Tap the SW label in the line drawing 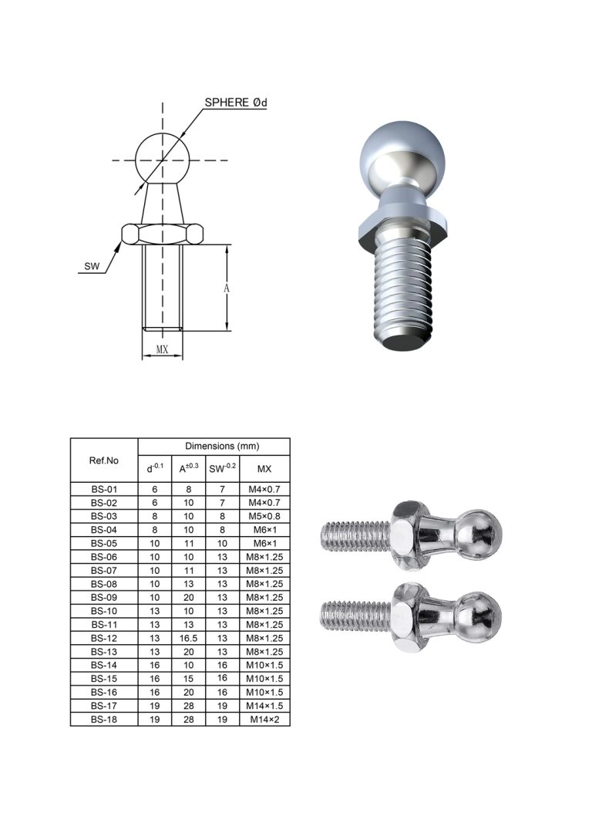click(x=92, y=267)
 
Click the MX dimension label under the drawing click(x=163, y=349)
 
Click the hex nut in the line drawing click(x=162, y=233)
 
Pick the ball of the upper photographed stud click(x=478, y=535)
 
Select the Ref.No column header click(x=103, y=460)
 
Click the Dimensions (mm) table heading click(x=222, y=447)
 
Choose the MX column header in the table click(x=264, y=468)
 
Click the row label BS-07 click(x=103, y=570)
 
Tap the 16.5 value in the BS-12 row click(x=188, y=638)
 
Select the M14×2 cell click(x=264, y=719)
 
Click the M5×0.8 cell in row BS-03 click(x=264, y=516)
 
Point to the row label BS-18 click(x=103, y=719)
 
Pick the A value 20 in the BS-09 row click(x=188, y=597)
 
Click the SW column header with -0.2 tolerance click(x=223, y=468)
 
